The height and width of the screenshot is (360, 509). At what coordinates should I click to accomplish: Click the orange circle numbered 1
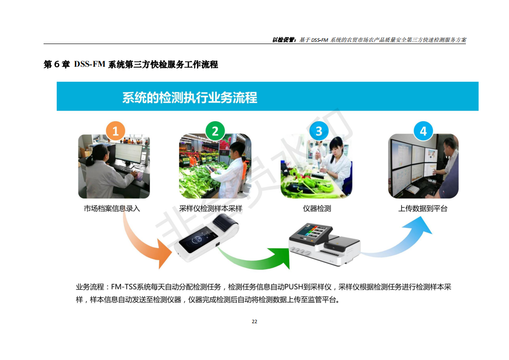[115, 131]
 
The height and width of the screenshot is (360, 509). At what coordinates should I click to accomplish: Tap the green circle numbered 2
[215, 131]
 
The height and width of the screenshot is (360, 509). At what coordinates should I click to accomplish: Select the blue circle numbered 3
[319, 131]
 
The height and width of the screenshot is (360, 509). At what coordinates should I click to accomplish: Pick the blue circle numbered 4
[423, 131]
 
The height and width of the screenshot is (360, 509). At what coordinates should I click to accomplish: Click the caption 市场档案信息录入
[112, 208]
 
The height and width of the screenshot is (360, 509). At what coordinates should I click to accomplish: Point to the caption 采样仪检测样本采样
[210, 208]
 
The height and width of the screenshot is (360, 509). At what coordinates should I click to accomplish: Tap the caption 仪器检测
[317, 208]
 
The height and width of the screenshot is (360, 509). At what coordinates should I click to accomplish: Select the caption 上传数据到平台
[423, 208]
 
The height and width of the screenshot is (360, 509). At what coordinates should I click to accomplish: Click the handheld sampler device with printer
[206, 238]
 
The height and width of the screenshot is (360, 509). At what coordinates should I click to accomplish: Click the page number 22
[254, 321]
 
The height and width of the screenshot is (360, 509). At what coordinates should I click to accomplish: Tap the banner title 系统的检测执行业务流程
[190, 98]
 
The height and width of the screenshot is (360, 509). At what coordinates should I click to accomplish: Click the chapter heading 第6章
[57, 64]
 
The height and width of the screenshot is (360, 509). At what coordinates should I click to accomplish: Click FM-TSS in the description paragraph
[124, 287]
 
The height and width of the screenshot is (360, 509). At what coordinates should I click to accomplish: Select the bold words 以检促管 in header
[283, 40]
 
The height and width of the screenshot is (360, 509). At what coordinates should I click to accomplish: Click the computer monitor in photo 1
[128, 153]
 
